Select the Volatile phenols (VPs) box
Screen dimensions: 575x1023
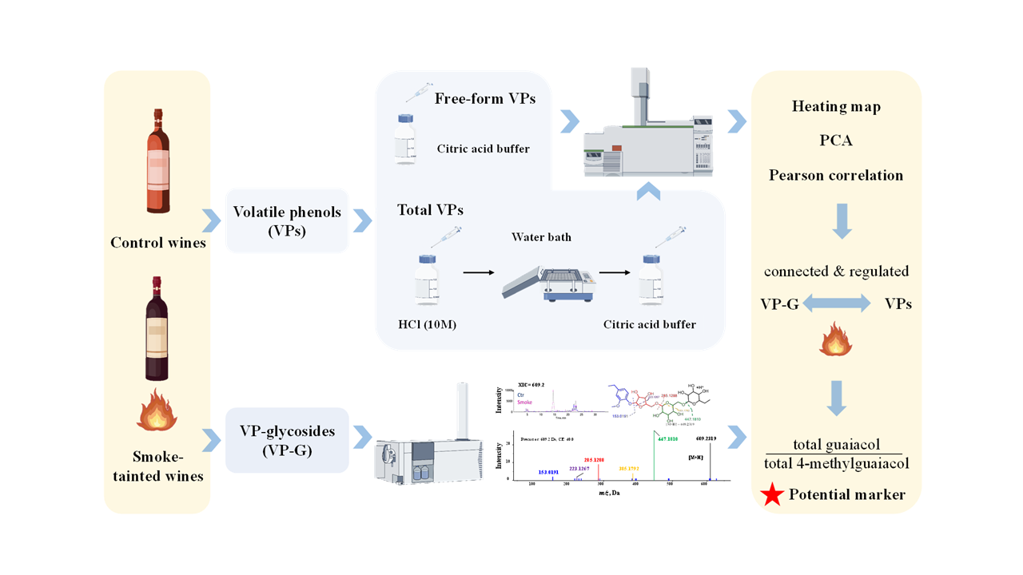[288, 221]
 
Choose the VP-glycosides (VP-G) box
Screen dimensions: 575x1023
[288, 440]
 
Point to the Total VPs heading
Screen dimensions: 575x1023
[430, 210]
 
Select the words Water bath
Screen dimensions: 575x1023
[542, 237]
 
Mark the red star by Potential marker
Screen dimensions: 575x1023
[771, 496]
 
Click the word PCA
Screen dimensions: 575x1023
[836, 141]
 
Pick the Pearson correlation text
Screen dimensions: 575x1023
[836, 175]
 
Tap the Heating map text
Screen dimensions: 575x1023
[836, 107]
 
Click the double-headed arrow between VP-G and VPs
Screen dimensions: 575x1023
[836, 304]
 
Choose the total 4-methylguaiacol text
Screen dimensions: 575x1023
[836, 462]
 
